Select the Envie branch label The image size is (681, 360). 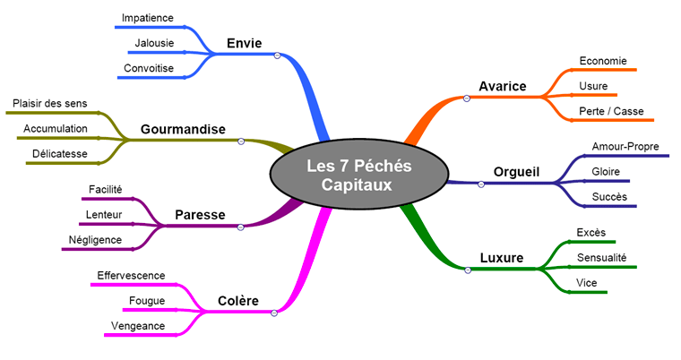click(x=245, y=43)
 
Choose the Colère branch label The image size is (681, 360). click(x=238, y=301)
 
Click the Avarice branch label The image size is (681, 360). click(x=503, y=86)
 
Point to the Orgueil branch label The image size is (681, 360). click(x=518, y=172)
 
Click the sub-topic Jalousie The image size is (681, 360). click(x=154, y=42)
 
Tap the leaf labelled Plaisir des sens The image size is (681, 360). click(x=50, y=104)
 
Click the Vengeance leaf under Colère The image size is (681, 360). click(x=138, y=325)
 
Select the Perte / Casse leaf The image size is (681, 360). click(x=611, y=111)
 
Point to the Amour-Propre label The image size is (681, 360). click(x=624, y=146)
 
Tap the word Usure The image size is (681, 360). click(x=593, y=86)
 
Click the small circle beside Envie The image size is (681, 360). click(x=278, y=55)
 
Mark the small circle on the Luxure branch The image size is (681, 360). click(x=467, y=270)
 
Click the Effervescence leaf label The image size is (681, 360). click(x=131, y=275)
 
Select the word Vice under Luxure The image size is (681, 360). click(x=587, y=283)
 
